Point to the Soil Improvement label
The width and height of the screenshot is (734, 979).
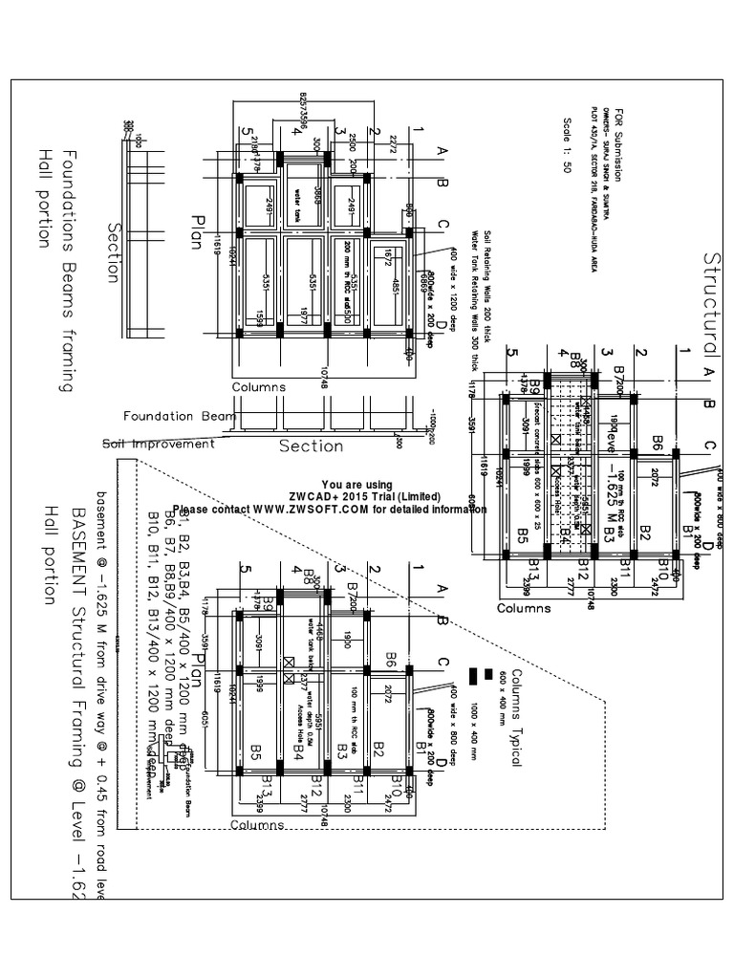click(159, 444)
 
